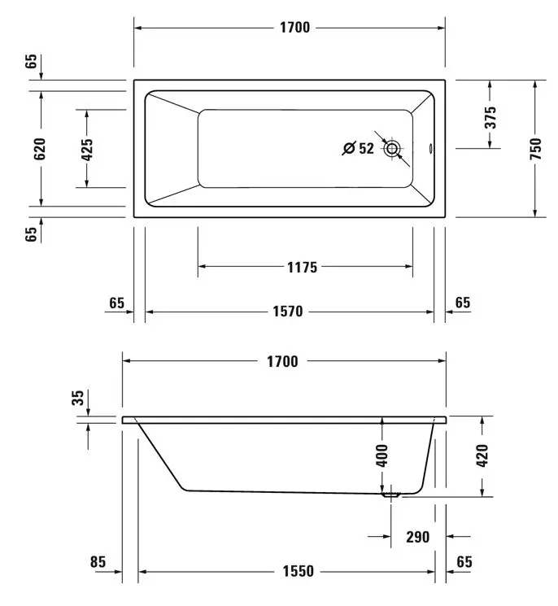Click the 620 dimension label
pos(40,149)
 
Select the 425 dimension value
pos(86,150)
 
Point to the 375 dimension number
pos(490,117)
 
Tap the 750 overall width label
pos(535,149)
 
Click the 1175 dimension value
pos(303,267)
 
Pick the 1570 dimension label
pos(288,312)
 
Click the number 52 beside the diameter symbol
pos(366,148)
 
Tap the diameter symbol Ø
pos(349,148)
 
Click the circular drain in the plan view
pos(392,149)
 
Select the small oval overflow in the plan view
pos(431,149)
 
